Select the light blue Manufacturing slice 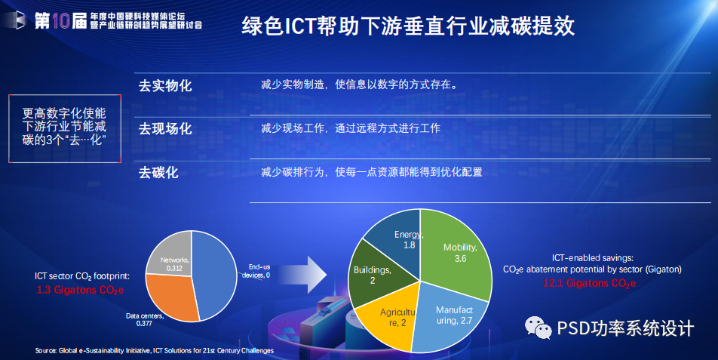pos(451,318)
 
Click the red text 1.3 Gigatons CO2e pos(80,290)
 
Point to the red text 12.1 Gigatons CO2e pos(589,284)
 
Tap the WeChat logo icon pos(538,328)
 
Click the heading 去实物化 pos(165,85)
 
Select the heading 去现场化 pos(165,129)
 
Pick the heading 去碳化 pos(158,173)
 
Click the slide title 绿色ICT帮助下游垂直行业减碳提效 pos(408,26)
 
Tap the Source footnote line pos(155,351)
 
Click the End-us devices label pos(257,271)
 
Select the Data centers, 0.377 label pos(145,320)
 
